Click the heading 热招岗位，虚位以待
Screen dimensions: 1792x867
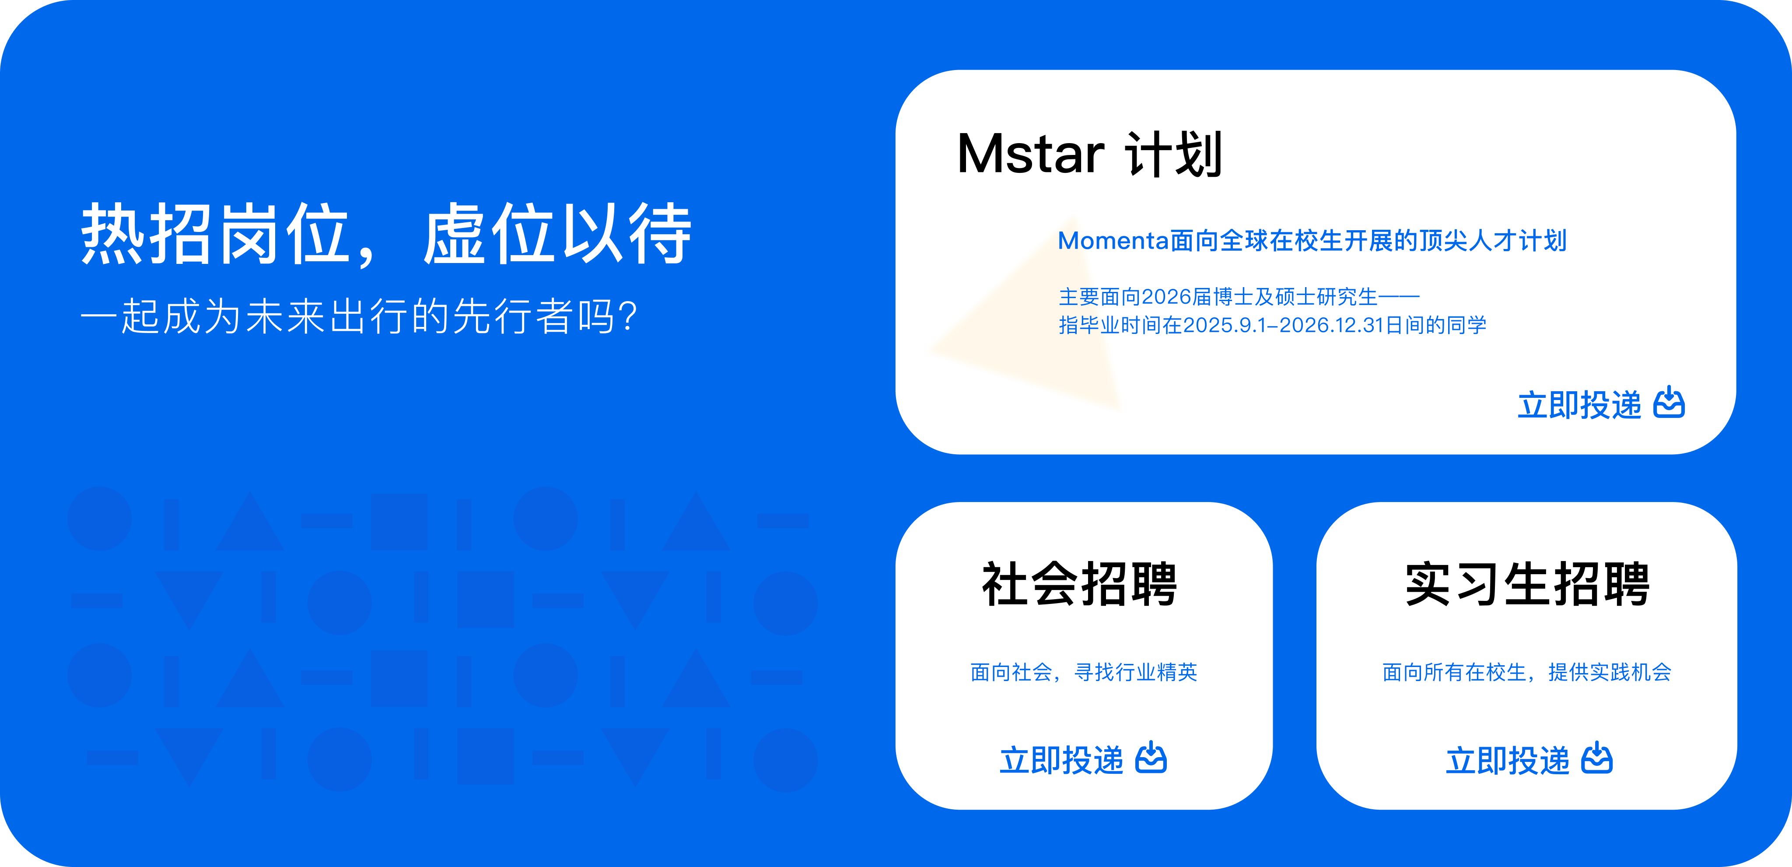tap(386, 234)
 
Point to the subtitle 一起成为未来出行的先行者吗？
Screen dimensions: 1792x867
tap(359, 316)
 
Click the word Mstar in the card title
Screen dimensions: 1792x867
tap(1030, 154)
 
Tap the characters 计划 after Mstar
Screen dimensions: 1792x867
tap(1173, 154)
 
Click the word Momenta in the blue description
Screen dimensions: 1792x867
tap(1113, 241)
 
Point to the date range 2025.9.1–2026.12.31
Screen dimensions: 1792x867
tap(1284, 325)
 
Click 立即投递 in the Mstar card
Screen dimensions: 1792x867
tap(1579, 405)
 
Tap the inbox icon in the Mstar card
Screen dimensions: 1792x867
tap(1669, 403)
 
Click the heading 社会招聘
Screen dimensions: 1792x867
tap(1080, 584)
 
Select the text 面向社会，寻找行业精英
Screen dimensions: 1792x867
tap(1084, 672)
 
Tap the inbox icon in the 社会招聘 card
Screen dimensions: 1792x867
tap(1151, 758)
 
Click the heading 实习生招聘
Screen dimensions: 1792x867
tap(1528, 584)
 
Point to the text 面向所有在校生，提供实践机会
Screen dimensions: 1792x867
tap(1527, 672)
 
